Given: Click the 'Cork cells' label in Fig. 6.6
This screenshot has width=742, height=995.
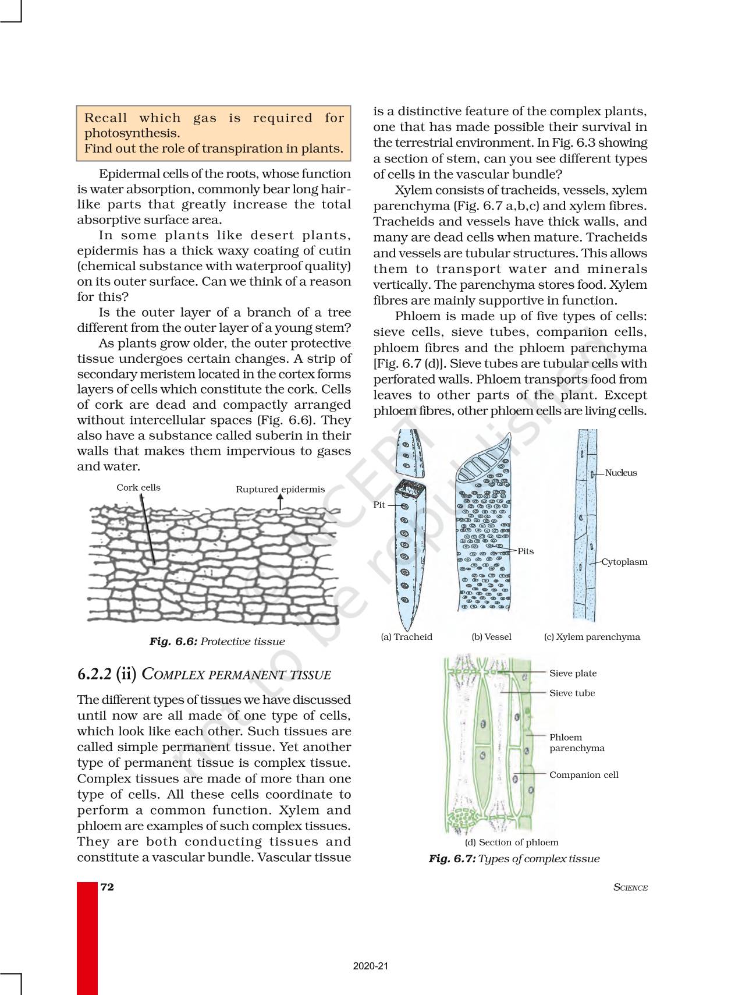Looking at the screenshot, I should (x=139, y=488).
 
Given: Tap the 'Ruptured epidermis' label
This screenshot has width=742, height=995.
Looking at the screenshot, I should (x=280, y=490).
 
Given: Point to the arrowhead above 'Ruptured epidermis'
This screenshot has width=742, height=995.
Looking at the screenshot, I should (x=281, y=497).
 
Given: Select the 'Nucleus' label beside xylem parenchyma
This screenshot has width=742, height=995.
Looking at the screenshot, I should (x=621, y=473).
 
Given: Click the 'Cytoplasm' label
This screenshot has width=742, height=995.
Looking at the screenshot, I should (x=624, y=562).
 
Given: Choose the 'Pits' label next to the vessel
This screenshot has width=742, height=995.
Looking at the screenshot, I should (x=526, y=551).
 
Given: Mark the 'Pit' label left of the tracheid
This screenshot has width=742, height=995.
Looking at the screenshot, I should (x=379, y=505).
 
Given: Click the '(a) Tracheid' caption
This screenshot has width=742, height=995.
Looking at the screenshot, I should (x=406, y=637).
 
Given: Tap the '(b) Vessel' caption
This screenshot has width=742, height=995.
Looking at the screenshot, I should (x=491, y=637).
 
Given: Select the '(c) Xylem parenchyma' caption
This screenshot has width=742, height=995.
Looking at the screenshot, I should (x=592, y=637).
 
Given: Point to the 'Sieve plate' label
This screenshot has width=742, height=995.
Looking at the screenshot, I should (x=573, y=674).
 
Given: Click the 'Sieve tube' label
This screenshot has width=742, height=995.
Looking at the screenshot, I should (x=572, y=693).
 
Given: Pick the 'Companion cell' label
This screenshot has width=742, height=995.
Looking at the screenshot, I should (x=584, y=775).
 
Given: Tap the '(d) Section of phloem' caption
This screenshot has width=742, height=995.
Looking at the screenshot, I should (x=512, y=842).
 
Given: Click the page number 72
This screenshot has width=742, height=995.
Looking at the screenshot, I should (x=107, y=887).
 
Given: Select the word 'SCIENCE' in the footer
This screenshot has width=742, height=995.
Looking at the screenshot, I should (x=630, y=888).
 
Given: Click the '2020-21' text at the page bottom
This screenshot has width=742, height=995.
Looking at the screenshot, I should (x=371, y=966).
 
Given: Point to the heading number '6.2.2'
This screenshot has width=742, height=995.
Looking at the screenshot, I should (x=95, y=674).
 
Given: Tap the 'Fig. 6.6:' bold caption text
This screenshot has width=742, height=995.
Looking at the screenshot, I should (x=173, y=642).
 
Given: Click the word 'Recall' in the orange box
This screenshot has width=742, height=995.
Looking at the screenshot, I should (x=105, y=118).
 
